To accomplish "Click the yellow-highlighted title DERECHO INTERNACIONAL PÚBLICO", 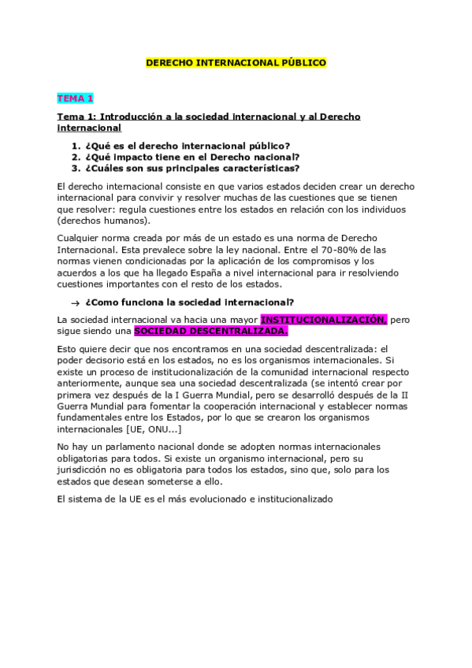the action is click(236, 62).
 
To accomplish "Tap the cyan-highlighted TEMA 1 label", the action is click(75, 98).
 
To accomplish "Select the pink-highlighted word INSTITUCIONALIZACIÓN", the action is click(323, 320).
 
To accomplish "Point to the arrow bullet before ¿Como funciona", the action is click(74, 302).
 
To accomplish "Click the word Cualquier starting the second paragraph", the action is click(80, 238).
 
